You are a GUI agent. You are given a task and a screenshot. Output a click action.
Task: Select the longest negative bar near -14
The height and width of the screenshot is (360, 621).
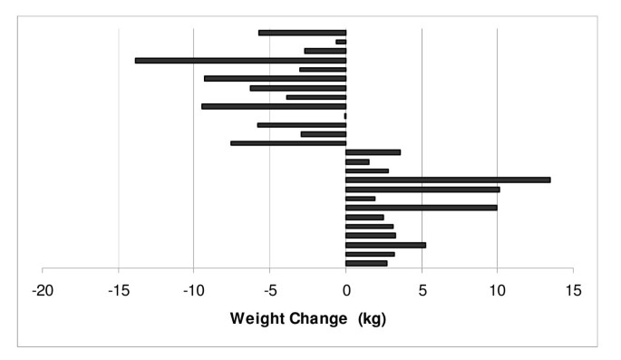pos(240,60)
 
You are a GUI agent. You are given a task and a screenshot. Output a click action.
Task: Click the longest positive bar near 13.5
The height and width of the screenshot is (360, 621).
pos(448,180)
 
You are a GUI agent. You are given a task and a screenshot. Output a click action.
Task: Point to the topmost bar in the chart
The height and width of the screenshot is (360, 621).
pos(302,33)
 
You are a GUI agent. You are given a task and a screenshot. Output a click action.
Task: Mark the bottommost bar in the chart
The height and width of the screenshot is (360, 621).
pos(366,263)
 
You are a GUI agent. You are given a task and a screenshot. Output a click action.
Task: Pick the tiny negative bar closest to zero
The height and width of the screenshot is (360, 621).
pos(344,115)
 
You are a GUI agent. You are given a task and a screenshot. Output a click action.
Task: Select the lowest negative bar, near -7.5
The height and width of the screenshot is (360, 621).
pos(288,142)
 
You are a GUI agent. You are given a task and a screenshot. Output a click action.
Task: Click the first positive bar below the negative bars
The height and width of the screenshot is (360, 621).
pos(373,152)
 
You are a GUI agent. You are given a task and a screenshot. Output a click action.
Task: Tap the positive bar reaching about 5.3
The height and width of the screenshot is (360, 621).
pos(385,245)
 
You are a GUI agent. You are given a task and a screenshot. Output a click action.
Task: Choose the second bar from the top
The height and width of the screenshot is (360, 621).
pos(341,42)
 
